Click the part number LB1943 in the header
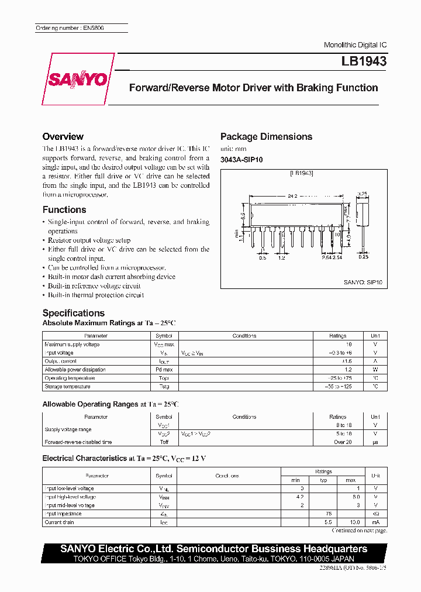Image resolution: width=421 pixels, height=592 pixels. coord(364,61)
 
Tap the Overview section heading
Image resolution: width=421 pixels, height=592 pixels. coord(63,136)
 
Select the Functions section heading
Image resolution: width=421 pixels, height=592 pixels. coord(64,209)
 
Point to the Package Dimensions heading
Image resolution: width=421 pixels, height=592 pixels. coord(266,136)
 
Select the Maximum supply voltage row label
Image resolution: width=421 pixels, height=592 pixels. coord(72,345)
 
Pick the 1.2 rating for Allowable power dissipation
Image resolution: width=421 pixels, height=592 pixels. coord(348,370)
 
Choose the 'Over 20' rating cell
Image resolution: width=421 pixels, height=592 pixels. coord(343,442)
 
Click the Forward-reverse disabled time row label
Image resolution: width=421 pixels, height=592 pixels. coord(78,442)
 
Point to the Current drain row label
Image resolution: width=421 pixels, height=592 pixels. coord(61,522)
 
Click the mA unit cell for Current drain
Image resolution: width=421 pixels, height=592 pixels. coord(375,522)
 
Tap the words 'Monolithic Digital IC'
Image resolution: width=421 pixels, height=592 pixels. coord(355,45)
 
